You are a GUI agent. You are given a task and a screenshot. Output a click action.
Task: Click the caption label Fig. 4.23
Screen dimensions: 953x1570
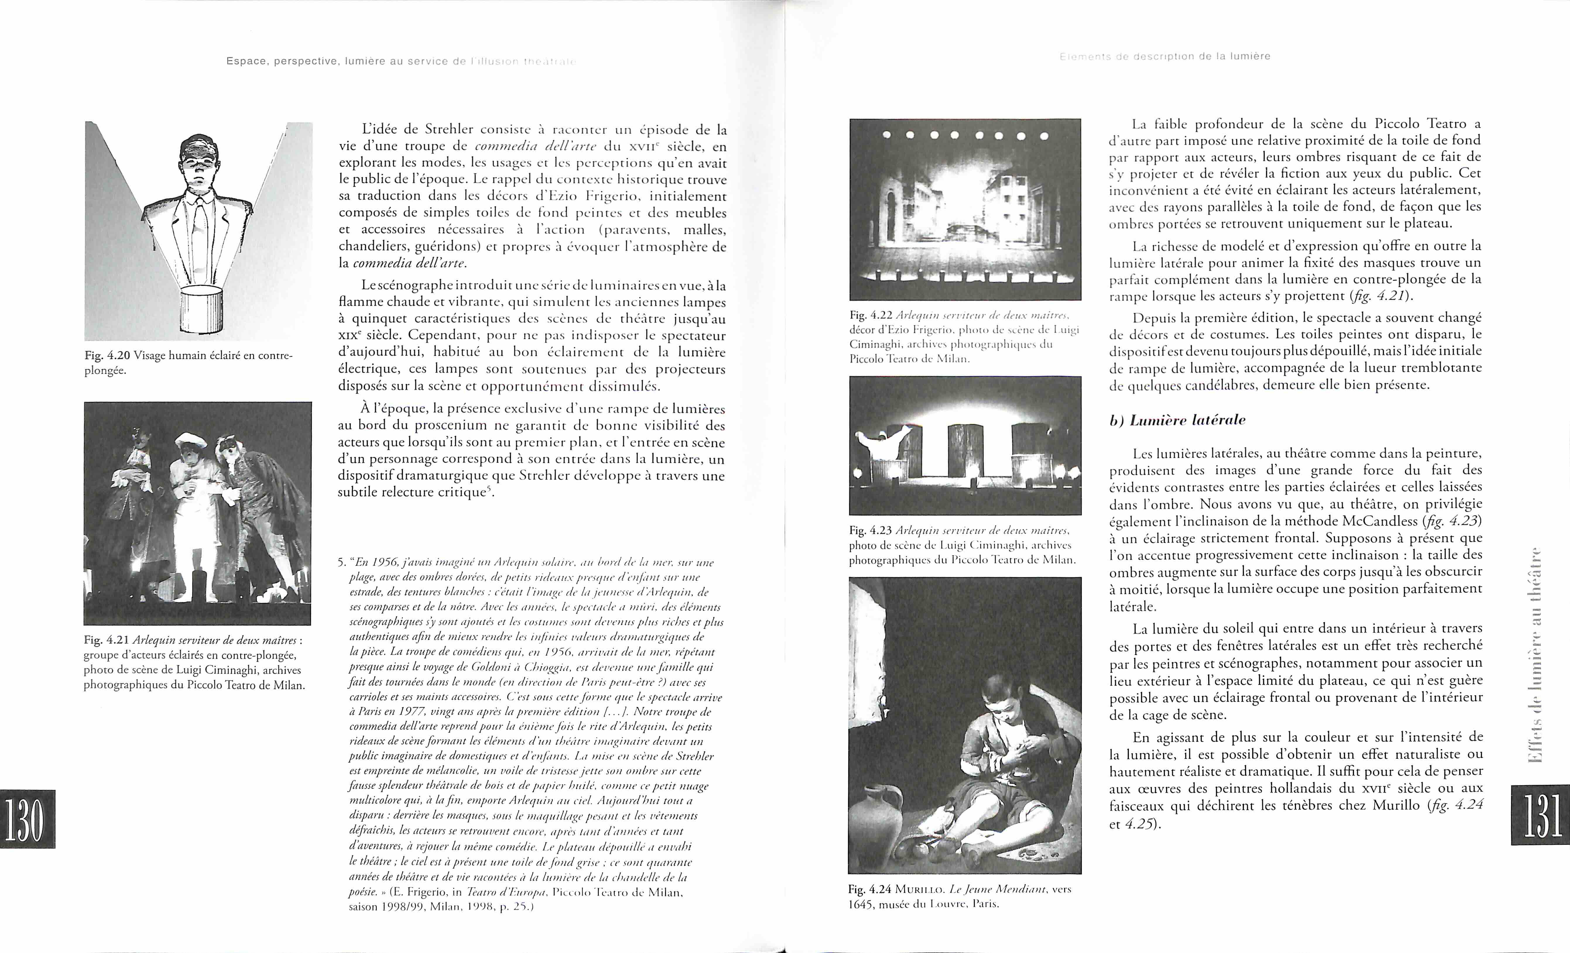pos(870,530)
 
